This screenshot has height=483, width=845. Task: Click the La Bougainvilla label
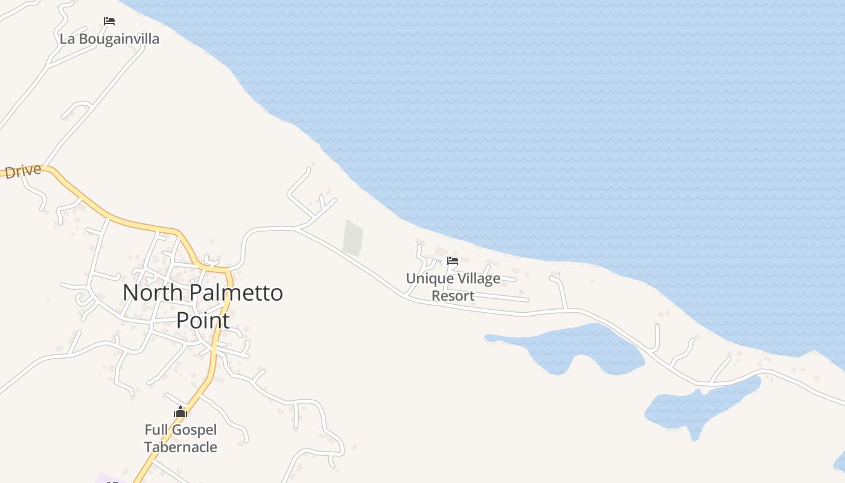[109, 39]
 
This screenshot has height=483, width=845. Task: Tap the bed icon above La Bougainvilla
[109, 21]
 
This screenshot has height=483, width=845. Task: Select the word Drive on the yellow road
[23, 171]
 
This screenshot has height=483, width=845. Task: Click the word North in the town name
[152, 293]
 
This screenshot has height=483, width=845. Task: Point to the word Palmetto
[236, 293]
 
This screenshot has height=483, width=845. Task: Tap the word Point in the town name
[203, 321]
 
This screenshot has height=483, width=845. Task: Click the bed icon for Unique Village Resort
[453, 261]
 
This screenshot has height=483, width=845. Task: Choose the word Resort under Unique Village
[453, 296]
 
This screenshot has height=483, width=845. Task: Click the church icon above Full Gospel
[180, 412]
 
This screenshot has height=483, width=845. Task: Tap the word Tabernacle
[180, 447]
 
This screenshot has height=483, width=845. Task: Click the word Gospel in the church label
[194, 430]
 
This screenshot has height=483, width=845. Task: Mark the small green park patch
[353, 237]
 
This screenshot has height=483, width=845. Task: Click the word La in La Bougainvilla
[66, 39]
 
